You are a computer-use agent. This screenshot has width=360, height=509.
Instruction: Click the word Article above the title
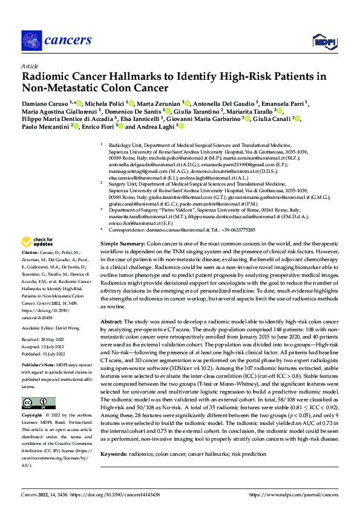tap(29, 66)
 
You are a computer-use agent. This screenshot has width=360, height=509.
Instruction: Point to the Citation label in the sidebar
tap(30, 268)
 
